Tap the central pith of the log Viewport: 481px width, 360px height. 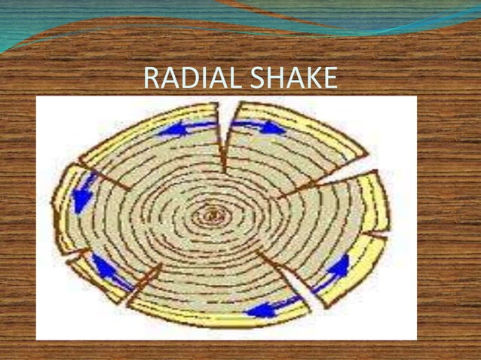(x=213, y=217)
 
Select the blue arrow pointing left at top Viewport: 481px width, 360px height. (x=179, y=130)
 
